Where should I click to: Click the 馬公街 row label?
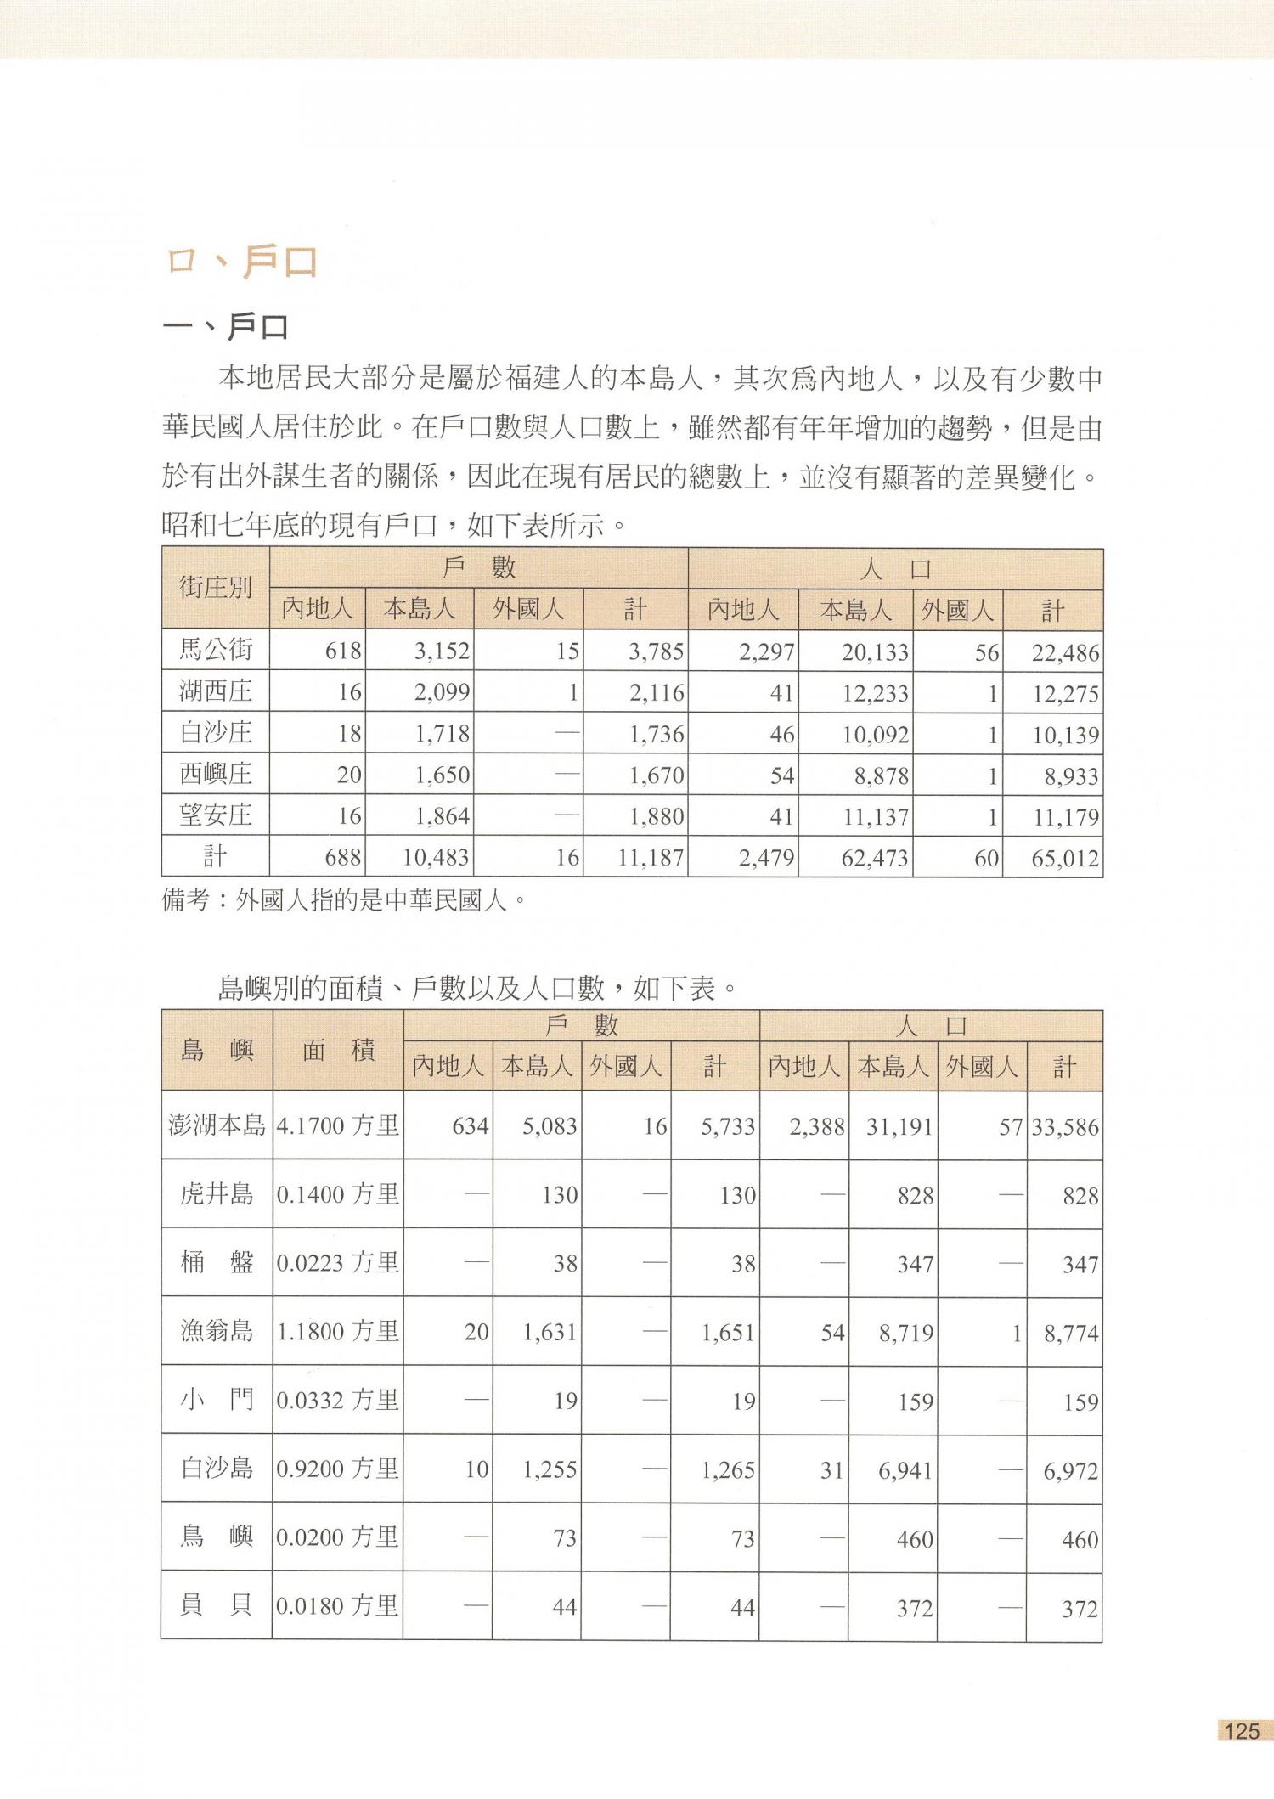[216, 651]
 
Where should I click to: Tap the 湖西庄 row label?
[216, 691]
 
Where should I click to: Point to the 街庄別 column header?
[216, 588]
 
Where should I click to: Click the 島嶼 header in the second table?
[217, 1051]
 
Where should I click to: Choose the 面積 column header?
[338, 1051]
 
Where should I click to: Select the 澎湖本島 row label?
[217, 1126]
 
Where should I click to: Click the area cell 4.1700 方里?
[338, 1126]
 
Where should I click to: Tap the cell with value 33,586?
[1065, 1127]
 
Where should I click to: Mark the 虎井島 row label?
[217, 1195]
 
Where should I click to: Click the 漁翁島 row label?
[217, 1332]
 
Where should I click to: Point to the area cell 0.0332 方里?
[338, 1401]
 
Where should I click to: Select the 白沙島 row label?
[217, 1469]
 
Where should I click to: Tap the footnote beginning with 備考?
[344, 900]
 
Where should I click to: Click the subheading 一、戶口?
[226, 327]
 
